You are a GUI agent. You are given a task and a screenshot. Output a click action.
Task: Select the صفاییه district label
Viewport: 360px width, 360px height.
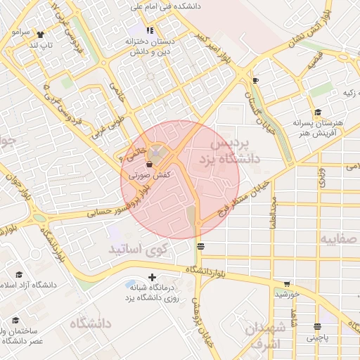(340, 239)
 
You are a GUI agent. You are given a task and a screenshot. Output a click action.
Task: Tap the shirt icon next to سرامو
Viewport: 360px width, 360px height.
(39, 33)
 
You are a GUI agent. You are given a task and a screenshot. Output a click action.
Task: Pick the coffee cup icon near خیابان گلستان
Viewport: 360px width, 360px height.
(255, 80)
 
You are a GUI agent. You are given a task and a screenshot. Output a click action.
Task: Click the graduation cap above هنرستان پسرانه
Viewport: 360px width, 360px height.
(318, 111)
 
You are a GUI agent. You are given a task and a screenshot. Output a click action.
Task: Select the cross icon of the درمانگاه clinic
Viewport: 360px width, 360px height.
(152, 278)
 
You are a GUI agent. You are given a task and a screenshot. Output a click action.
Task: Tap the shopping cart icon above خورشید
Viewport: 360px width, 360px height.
(285, 283)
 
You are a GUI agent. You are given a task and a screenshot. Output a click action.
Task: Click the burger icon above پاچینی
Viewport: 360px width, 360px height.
(318, 326)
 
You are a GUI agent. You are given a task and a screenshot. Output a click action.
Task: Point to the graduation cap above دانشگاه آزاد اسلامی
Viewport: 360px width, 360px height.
(19, 274)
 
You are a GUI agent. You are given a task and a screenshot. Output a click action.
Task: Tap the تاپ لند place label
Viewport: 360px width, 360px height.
(39, 45)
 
